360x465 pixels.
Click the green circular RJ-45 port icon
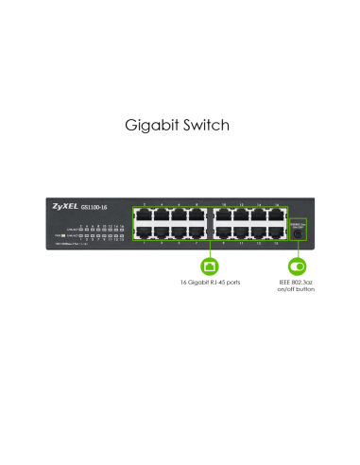tap(210, 267)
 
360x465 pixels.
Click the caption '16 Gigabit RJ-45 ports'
tap(210, 282)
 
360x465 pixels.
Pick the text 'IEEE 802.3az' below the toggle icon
tap(296, 282)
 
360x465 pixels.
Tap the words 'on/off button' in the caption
tap(296, 289)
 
